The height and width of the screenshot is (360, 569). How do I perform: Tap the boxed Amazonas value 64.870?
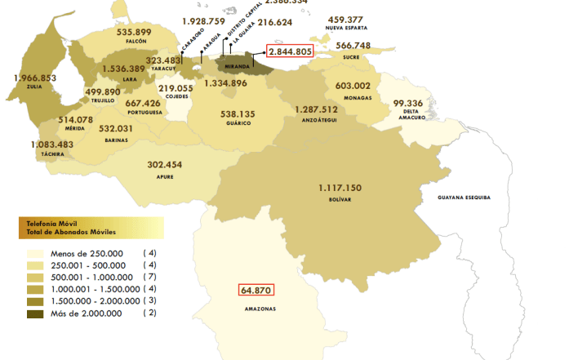256,289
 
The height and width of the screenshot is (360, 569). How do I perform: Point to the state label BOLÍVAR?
340,198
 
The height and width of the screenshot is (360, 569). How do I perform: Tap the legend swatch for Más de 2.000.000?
34,313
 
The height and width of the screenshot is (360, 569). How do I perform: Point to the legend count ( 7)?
149,277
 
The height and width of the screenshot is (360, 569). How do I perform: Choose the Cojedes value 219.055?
176,88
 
